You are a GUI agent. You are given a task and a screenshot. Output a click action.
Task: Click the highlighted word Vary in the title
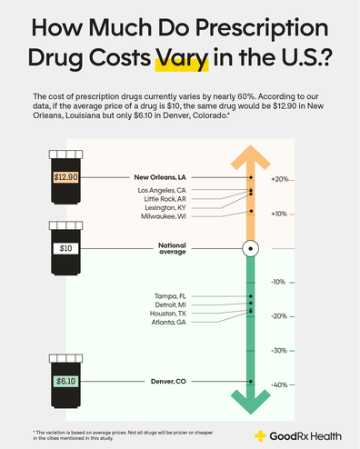(x=183, y=63)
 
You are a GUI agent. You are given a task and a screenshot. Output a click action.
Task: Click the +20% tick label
(x=279, y=180)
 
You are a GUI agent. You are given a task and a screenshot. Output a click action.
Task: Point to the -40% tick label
(x=279, y=384)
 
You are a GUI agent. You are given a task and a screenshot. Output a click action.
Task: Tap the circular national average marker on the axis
(x=250, y=248)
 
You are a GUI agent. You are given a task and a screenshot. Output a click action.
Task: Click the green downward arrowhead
(x=250, y=398)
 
